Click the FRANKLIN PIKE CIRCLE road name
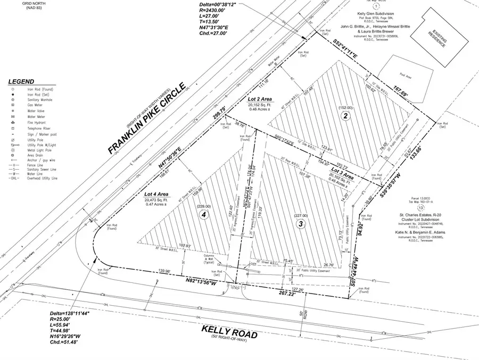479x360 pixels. point(146,119)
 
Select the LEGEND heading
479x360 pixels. point(22,82)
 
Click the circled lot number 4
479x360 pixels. point(202,215)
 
